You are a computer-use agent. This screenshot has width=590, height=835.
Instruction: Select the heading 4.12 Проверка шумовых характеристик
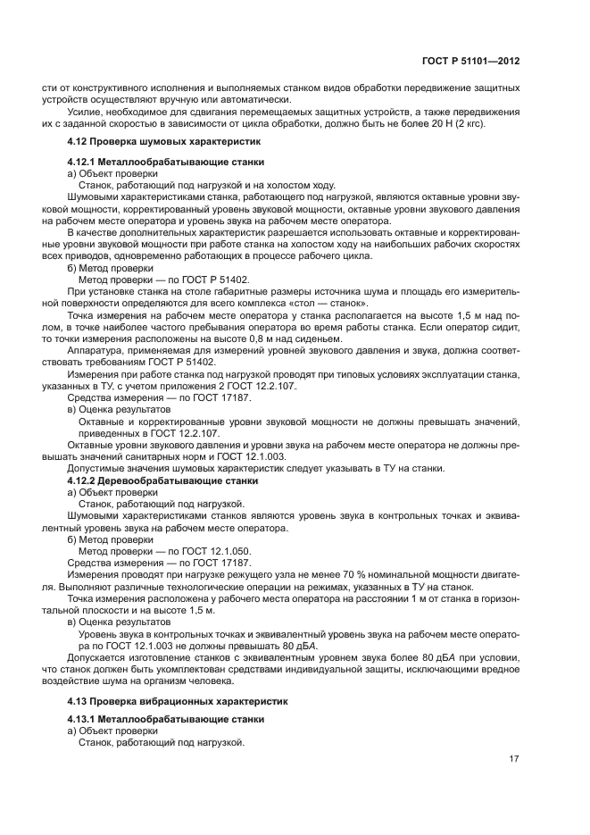[163, 141]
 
